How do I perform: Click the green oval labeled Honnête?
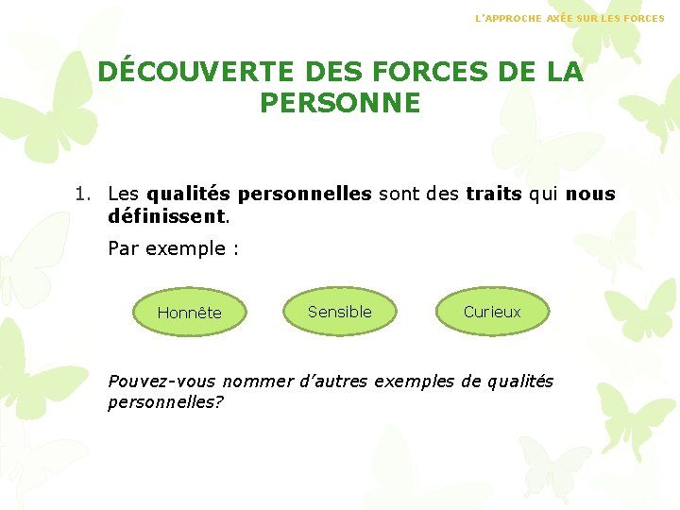[x=189, y=313]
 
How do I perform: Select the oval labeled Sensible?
[x=340, y=312]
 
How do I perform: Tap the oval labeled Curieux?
[x=492, y=312]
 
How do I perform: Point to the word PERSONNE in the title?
[x=340, y=103]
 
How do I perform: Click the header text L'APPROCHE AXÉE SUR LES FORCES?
[x=569, y=18]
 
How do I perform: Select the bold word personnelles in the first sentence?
[x=305, y=194]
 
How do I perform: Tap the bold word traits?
[x=494, y=194]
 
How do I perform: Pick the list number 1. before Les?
[x=84, y=194]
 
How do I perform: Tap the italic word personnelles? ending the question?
[x=166, y=401]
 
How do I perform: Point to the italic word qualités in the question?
[x=519, y=382]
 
